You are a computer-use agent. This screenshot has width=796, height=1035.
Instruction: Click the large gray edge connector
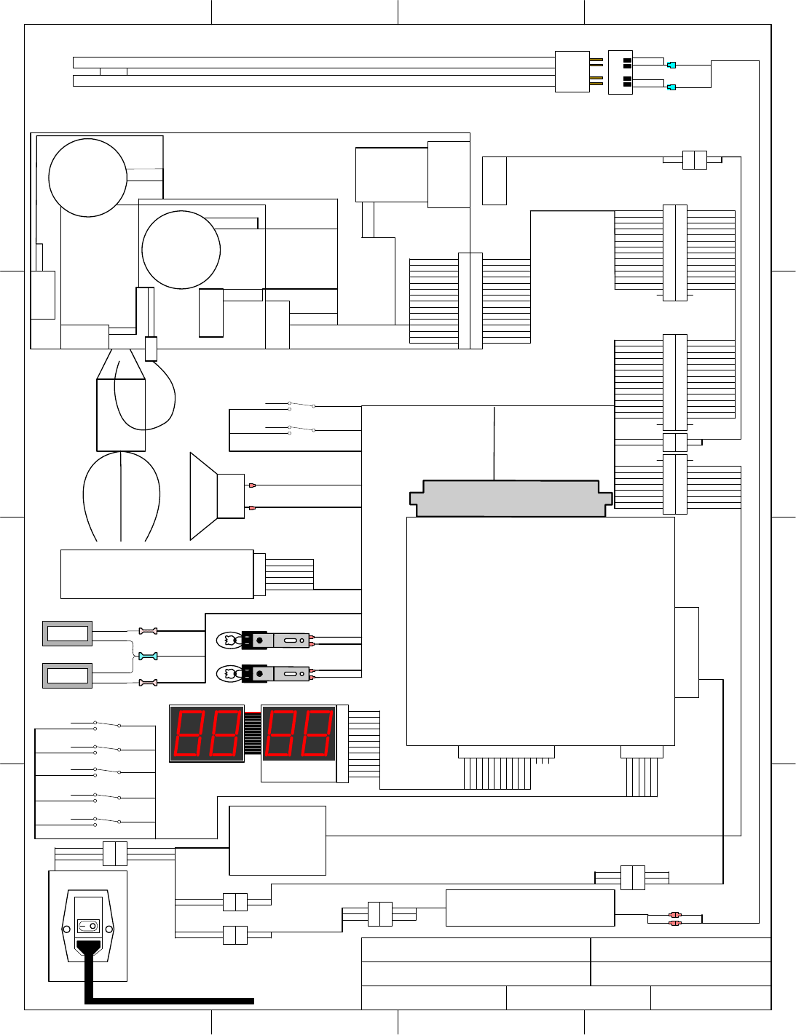[x=510, y=499]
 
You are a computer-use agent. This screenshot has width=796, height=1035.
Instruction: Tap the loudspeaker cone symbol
[x=204, y=496]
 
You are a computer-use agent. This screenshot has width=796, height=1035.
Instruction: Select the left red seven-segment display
[x=207, y=734]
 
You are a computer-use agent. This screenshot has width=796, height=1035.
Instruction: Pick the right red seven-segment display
[x=299, y=734]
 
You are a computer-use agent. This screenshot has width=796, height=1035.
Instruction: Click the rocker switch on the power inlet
[x=87, y=927]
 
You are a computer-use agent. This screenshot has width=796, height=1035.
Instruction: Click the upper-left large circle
[x=87, y=178]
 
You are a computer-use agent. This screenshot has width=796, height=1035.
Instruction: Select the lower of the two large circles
[x=181, y=250]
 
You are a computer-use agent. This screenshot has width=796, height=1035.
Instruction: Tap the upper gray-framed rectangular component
[x=68, y=634]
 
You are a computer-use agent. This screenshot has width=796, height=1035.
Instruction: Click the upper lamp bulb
[x=229, y=641]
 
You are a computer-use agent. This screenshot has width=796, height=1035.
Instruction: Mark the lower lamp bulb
[x=229, y=674]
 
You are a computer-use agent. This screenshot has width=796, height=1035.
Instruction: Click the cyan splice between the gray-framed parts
[x=148, y=657]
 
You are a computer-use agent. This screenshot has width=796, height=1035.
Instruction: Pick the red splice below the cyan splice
[x=148, y=683]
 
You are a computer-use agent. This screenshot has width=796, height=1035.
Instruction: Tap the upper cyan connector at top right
[x=671, y=65]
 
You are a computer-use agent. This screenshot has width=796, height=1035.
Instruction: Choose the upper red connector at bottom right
[x=675, y=914]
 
